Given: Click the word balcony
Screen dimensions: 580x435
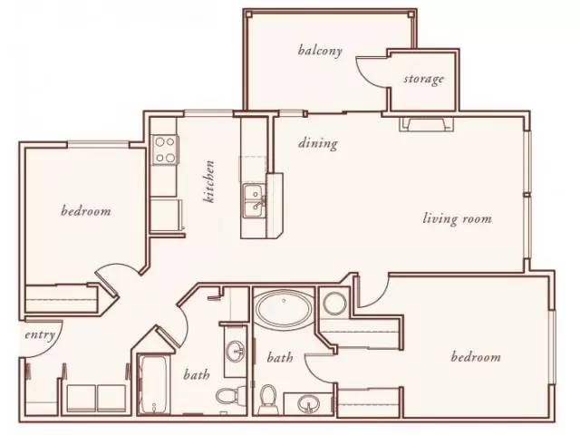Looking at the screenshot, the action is click(x=320, y=51).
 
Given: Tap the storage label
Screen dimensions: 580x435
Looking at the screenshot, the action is click(x=423, y=79).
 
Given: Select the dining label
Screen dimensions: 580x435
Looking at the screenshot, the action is click(x=318, y=143).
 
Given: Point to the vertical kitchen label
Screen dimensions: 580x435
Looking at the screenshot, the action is click(x=209, y=181).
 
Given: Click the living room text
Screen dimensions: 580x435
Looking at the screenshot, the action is click(x=457, y=218).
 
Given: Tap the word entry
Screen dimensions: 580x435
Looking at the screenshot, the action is click(x=40, y=335).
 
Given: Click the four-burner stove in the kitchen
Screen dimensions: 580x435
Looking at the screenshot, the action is click(x=165, y=150).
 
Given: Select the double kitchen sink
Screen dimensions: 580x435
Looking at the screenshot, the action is click(x=254, y=201).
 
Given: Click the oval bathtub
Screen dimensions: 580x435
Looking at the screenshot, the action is click(x=284, y=308).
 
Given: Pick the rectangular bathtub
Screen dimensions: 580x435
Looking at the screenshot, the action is click(x=153, y=385).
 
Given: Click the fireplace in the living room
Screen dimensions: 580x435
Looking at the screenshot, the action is click(x=426, y=124).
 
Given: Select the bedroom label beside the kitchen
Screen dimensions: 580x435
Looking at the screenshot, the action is click(x=86, y=211).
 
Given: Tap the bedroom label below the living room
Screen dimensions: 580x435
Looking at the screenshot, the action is click(x=476, y=357).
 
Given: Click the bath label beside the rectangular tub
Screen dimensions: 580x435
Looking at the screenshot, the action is click(x=196, y=374).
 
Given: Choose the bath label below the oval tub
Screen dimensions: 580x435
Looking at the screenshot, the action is click(x=280, y=357).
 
